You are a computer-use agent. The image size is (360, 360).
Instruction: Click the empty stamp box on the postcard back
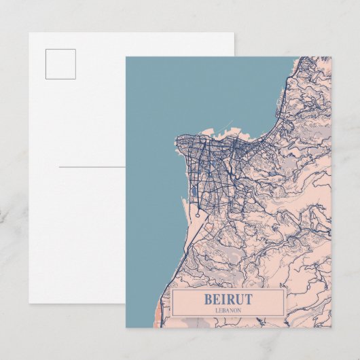click(x=61, y=64)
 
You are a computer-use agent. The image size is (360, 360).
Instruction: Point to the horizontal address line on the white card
click(x=92, y=166)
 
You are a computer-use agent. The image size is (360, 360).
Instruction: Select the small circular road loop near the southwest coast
click(x=197, y=215)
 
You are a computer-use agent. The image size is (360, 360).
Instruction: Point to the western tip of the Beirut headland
click(x=177, y=143)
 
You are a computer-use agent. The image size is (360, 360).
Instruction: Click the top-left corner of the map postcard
click(x=126, y=57)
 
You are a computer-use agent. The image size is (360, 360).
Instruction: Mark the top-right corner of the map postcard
click(x=331, y=57)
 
